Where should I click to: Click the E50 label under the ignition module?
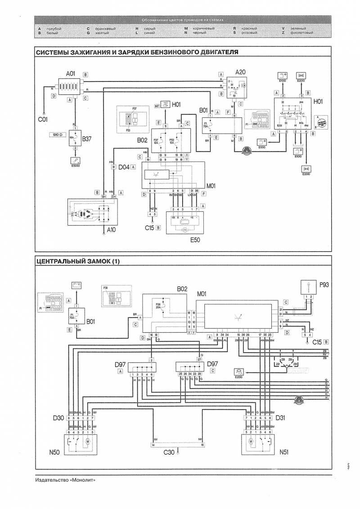(194, 240)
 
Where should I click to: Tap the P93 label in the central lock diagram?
(325, 285)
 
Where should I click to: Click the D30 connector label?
(58, 418)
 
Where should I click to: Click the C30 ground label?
(170, 452)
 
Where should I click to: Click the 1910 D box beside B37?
(56, 134)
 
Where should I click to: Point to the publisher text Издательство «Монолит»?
(65, 480)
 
